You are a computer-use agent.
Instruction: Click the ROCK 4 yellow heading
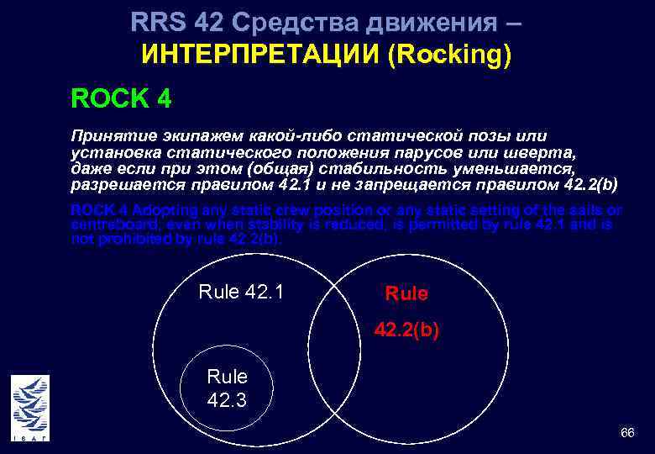(x=122, y=99)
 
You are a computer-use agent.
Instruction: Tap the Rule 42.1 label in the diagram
(x=241, y=293)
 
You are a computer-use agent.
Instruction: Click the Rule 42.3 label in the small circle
(x=227, y=388)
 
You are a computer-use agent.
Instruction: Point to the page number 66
(x=626, y=433)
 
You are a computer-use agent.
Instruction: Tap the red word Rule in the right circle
(x=406, y=293)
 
